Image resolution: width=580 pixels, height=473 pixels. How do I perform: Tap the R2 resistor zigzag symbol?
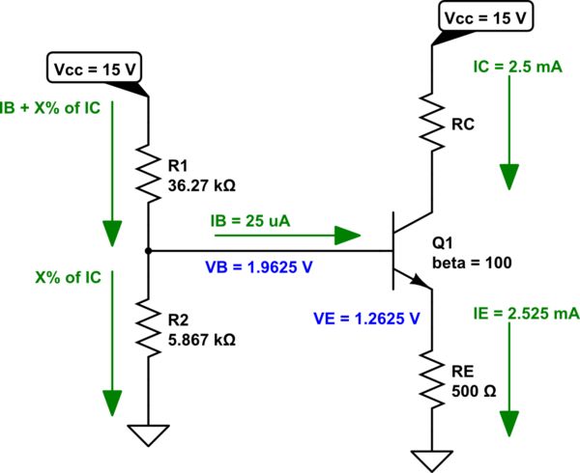148,326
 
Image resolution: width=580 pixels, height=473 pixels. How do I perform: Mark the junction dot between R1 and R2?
148,250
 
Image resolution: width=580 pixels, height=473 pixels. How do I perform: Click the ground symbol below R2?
148,436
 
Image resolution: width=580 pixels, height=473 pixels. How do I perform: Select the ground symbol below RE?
431,460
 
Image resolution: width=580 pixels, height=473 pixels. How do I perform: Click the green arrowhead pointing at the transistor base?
347,235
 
